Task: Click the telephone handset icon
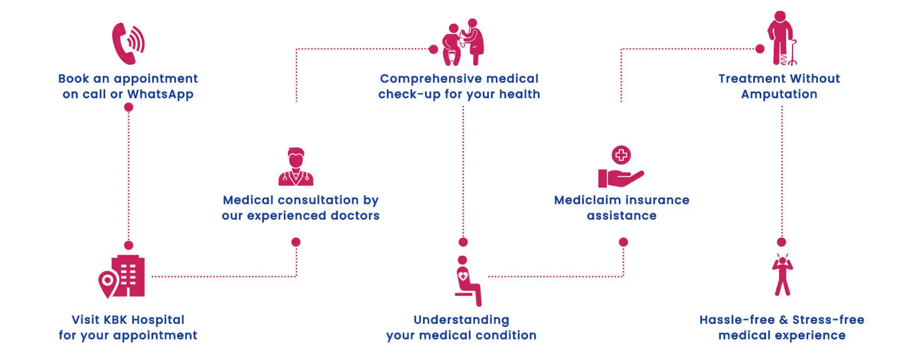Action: click(x=127, y=43)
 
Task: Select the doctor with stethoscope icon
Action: click(x=296, y=167)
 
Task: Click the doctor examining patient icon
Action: click(x=463, y=43)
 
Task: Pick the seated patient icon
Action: click(x=467, y=281)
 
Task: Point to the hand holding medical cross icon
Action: click(x=621, y=167)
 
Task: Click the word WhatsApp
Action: click(x=160, y=94)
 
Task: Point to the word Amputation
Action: click(x=779, y=94)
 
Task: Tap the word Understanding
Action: click(x=461, y=320)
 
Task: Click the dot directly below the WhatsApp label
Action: click(x=128, y=107)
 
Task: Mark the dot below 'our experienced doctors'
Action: click(x=296, y=242)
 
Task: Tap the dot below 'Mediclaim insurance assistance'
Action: click(x=623, y=242)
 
